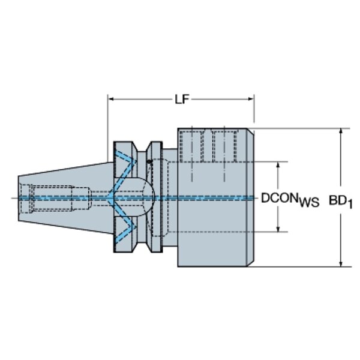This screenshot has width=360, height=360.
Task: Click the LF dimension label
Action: pos(182,100)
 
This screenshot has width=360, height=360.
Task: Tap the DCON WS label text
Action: pos(290,199)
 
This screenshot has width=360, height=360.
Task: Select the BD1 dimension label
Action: pos(340,202)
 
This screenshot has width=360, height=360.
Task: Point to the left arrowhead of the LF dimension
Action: pos(111,99)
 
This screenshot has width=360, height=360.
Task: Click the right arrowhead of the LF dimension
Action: pos(251,99)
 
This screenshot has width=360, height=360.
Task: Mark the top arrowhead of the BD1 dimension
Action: pos(341,131)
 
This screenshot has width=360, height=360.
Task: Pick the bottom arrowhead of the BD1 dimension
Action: pos(341,263)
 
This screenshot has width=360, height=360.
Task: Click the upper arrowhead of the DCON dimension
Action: pos(278,165)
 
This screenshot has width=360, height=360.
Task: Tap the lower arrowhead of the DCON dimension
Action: pos(278,229)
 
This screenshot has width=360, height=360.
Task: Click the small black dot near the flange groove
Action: pos(149,161)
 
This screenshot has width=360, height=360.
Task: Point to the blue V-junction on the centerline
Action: pos(110,197)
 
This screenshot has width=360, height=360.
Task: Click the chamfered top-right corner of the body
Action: pos(250,132)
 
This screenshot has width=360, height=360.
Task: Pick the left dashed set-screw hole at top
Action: pos(192,146)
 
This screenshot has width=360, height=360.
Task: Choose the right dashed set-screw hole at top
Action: pos(225,146)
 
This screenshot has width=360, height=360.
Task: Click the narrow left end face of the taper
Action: pos(19,199)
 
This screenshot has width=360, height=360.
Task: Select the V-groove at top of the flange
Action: pos(142,146)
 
